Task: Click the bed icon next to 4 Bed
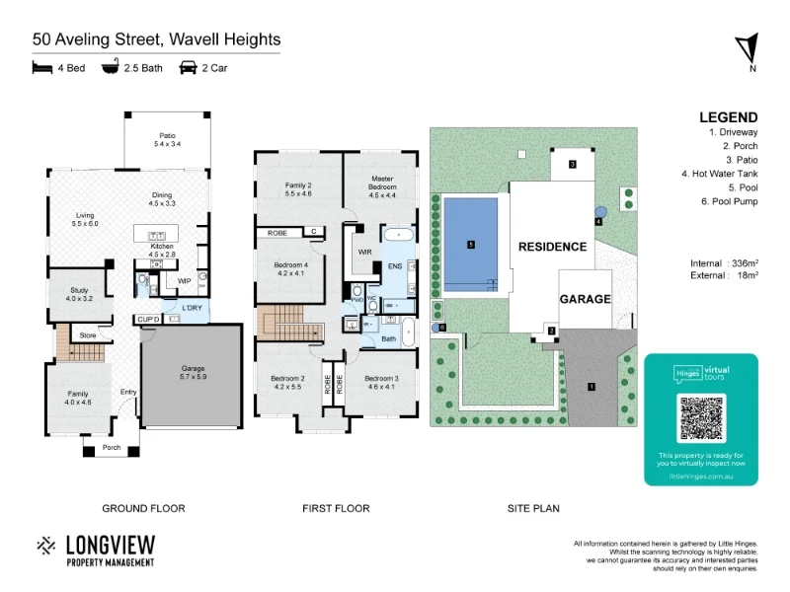pyautogui.click(x=41, y=68)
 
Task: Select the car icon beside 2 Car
pyautogui.click(x=188, y=68)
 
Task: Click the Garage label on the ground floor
pyautogui.click(x=192, y=372)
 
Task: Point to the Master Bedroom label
pyautogui.click(x=382, y=183)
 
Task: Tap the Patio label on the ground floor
pyautogui.click(x=167, y=139)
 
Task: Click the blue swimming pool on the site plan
pyautogui.click(x=471, y=245)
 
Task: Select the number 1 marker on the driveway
pyautogui.click(x=592, y=387)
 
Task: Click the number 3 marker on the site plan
pyautogui.click(x=572, y=165)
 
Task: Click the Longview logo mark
pyautogui.click(x=46, y=546)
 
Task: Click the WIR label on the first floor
pyautogui.click(x=363, y=252)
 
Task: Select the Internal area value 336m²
pyautogui.click(x=743, y=263)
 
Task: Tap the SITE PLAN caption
pyautogui.click(x=534, y=509)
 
